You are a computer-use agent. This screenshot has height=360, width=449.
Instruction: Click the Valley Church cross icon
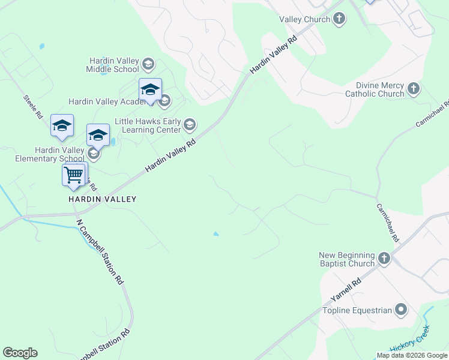(x=339, y=19)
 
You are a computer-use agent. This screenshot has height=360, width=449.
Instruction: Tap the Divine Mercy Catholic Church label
(x=375, y=90)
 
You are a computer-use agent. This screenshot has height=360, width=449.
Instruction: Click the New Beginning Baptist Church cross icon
(x=384, y=259)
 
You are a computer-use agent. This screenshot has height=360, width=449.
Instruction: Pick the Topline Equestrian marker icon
(x=401, y=310)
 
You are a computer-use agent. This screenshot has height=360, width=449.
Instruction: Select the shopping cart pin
(x=73, y=175)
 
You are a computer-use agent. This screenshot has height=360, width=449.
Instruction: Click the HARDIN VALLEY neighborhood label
(x=102, y=199)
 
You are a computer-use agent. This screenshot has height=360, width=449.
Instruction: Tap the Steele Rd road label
(x=33, y=106)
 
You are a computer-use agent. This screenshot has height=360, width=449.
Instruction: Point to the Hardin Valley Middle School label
(x=112, y=65)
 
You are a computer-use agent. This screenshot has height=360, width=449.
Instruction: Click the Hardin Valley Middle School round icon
(x=148, y=64)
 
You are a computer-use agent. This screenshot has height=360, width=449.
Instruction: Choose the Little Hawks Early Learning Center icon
(x=190, y=125)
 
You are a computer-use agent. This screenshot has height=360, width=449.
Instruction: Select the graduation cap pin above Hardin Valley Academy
(x=150, y=91)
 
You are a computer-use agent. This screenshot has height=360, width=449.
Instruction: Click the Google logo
(x=20, y=353)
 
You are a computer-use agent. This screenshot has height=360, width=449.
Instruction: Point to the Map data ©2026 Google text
(x=411, y=355)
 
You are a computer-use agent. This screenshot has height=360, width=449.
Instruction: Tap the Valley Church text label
(x=305, y=19)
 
